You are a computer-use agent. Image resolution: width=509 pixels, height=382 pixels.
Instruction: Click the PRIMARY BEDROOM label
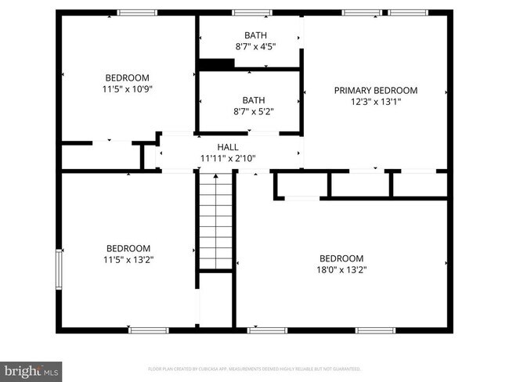coord(375,91)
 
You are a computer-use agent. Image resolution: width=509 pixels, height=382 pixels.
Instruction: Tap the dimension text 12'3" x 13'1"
coord(375,102)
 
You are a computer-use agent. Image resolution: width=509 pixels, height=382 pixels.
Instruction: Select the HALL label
coord(228,147)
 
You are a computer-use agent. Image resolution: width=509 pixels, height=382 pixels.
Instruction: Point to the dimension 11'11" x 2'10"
coord(228,158)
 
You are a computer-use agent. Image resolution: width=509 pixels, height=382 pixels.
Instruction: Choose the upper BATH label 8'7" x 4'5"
coord(254,35)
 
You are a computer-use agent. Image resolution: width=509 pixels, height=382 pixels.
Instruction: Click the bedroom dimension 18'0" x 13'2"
coord(341,270)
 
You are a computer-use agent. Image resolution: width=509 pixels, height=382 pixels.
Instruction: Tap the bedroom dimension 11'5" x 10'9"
coord(128,89)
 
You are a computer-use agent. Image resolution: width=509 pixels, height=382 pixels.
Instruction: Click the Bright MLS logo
coord(31,369)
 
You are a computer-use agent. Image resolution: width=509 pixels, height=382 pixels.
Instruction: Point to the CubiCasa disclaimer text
coord(254,368)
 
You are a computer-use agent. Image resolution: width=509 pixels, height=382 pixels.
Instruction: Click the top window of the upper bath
coord(252,13)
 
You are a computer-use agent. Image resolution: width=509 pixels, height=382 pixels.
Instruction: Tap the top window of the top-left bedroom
coord(137,13)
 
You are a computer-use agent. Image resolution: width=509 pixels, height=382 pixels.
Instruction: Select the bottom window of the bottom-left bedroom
coord(148,330)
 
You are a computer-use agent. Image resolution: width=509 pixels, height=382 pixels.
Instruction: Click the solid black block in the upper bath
coord(213,64)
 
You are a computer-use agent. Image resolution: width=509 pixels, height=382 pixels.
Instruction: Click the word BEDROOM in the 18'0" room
coord(341,259)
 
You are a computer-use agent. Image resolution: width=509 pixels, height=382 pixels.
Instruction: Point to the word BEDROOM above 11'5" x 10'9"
coord(128,77)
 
